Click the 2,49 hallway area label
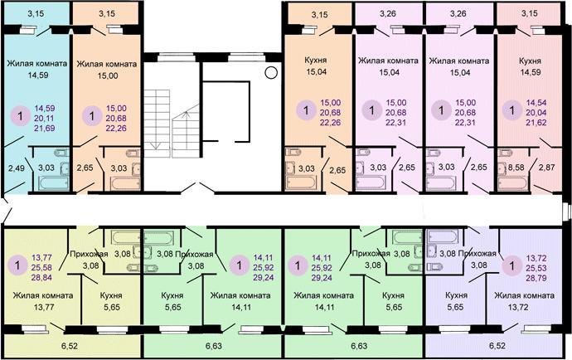[17, 168]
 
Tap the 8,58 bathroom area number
[516, 168]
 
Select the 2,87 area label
[546, 168]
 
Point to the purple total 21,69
[45, 128]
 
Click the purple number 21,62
[536, 122]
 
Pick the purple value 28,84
[41, 278]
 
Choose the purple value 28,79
[536, 278]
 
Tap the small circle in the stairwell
[271, 73]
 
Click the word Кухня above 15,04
[316, 60]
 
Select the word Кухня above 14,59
[530, 61]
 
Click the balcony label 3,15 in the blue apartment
[36, 14]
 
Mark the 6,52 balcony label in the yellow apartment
[70, 345]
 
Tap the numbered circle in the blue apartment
[20, 116]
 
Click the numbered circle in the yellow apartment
[17, 265]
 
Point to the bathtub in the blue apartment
[53, 183]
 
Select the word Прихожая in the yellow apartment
[89, 254]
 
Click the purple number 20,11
[45, 119]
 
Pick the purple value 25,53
[536, 268]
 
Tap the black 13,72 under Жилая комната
[518, 307]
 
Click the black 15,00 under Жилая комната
[108, 75]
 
